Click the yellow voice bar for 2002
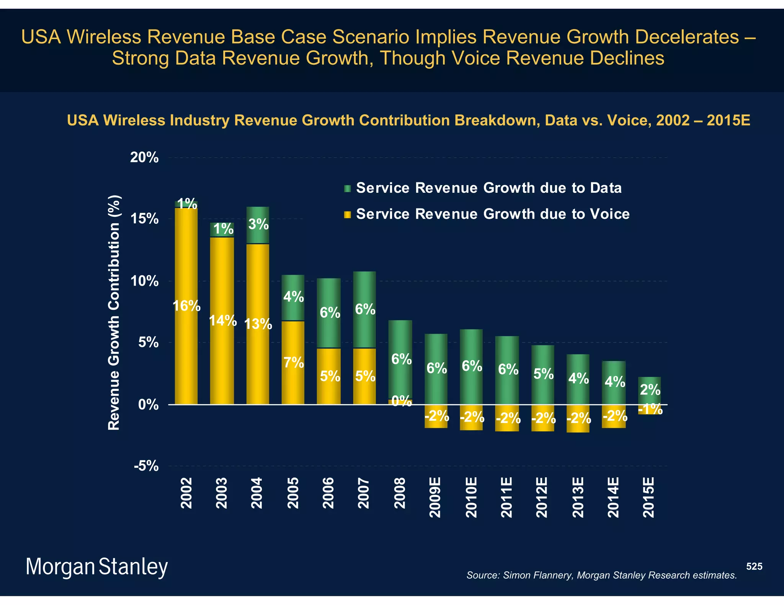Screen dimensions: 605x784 click(x=186, y=344)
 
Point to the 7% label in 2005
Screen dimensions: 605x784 click(x=294, y=362)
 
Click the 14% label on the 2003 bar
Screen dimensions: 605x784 click(x=223, y=320)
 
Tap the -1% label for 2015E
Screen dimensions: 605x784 click(x=650, y=410)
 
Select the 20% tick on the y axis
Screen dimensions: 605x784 click(x=144, y=157)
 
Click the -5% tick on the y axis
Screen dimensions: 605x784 click(x=146, y=466)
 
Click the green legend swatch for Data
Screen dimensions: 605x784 click(x=348, y=189)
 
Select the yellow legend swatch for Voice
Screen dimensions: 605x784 click(x=348, y=215)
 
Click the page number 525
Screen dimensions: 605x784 click(x=754, y=566)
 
